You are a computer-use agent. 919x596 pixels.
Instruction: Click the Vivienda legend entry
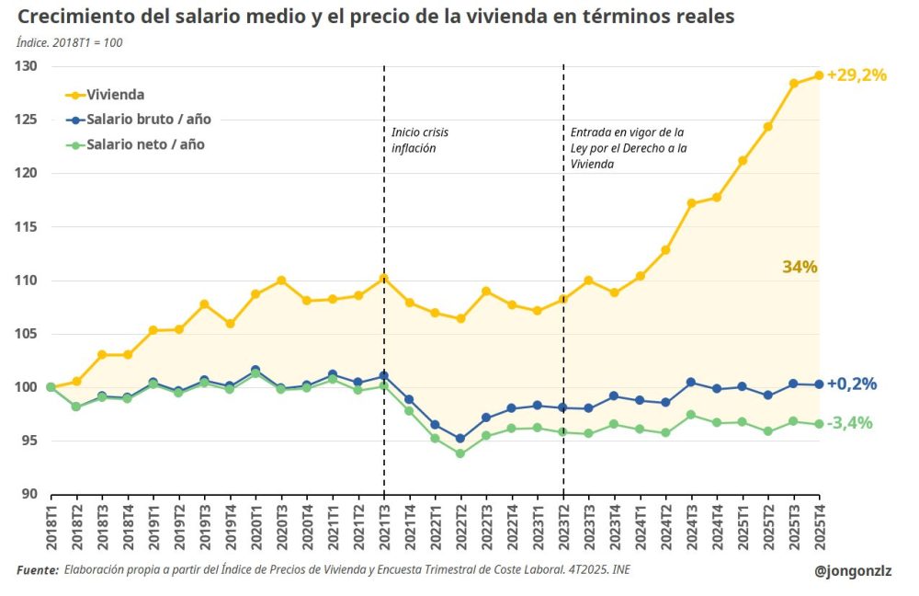[115, 94]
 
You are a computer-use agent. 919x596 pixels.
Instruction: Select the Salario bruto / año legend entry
[148, 120]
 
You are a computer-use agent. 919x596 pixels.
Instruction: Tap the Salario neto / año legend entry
[145, 144]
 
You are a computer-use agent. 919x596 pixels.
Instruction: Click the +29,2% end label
[857, 75]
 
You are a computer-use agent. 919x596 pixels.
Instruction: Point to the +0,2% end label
[851, 384]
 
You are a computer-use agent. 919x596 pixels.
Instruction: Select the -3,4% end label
[850, 423]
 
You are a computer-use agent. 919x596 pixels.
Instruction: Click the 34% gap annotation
[800, 267]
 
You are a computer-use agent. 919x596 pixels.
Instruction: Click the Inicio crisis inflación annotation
[419, 140]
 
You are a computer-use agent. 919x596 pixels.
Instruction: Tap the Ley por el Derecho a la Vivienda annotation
[629, 148]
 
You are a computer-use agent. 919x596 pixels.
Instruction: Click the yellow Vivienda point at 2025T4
[818, 75]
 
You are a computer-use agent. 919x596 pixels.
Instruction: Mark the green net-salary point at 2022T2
[459, 453]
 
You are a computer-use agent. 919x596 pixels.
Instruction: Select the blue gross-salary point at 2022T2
[459, 439]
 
